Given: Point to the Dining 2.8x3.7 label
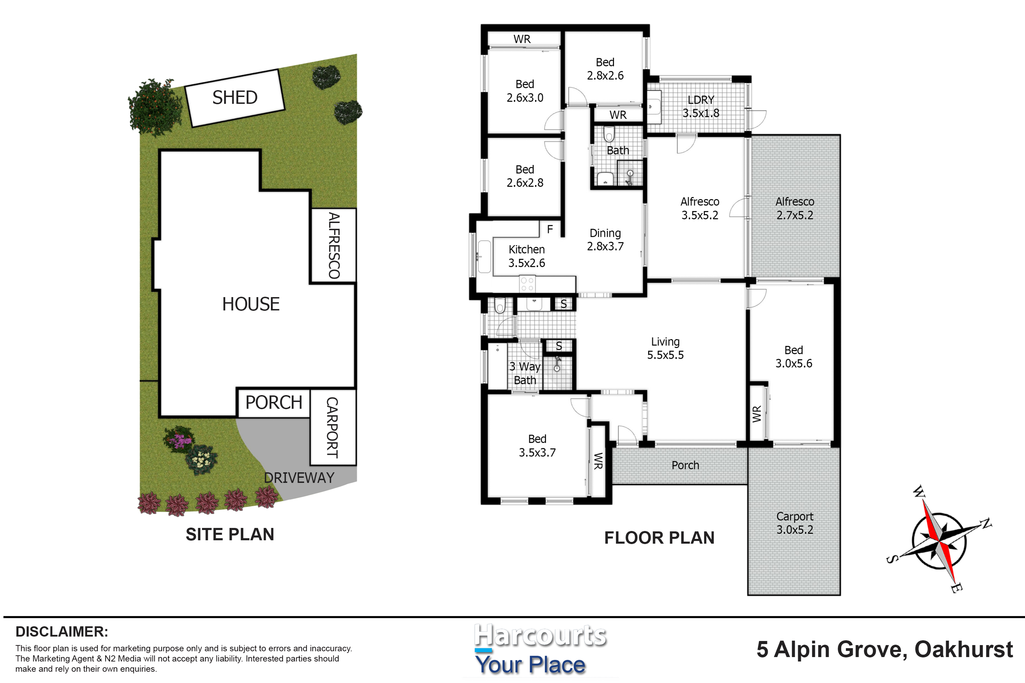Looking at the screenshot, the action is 605,239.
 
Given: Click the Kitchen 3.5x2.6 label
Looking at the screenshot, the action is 526,256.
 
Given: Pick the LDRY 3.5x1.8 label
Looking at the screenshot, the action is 701,106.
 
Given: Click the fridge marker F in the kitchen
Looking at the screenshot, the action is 550,229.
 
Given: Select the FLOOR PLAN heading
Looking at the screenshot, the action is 659,538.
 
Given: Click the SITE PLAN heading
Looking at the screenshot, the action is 230,534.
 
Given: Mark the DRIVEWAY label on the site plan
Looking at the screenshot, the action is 299,478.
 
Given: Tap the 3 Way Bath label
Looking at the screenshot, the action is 525,373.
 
